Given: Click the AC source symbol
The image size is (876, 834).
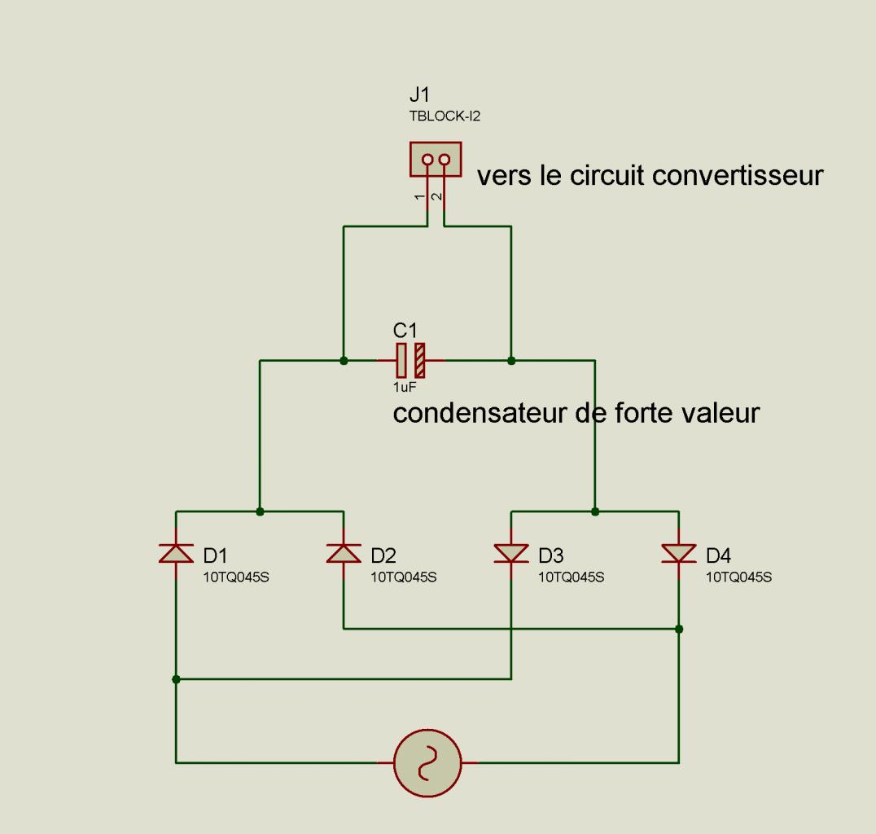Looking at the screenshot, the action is pos(428,762).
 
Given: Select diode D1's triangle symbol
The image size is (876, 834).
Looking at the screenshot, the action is pos(176,553).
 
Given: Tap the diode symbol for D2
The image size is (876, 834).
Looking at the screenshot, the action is pos(344,553).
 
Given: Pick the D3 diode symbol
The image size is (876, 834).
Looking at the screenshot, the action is pos(511,553).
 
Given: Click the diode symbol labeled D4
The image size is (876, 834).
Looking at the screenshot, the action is pos(679,553).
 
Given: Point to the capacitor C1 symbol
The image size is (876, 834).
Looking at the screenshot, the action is pos(410,361).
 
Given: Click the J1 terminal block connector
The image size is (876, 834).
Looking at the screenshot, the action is pos(436,160).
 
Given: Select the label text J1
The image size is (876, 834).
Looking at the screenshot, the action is pos(419,94).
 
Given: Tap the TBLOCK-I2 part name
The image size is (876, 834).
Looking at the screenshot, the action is pos(445,116).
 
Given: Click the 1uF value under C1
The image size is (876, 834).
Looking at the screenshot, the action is pos(405,387).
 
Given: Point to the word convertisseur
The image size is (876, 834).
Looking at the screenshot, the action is pos(738,176).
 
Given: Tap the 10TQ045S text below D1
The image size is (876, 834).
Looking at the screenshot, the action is pos(236,577).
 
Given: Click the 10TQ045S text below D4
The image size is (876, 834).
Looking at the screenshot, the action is pos(738,577).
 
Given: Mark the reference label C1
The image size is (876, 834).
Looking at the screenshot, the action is pos(405,331).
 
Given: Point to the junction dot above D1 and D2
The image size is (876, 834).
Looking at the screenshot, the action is pos(260,511).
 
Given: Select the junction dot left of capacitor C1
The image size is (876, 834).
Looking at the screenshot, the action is pos(344,361).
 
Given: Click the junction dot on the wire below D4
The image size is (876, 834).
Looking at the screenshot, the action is pos(679,629).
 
